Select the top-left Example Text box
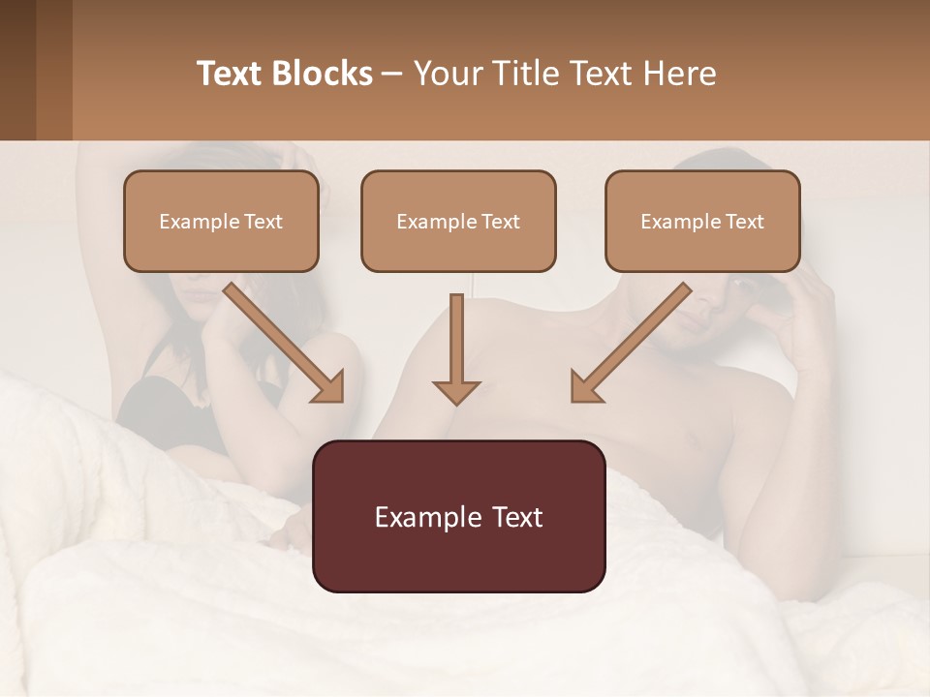(x=221, y=221)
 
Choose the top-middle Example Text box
(x=458, y=221)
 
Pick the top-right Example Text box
(x=702, y=221)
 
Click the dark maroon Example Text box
(x=458, y=516)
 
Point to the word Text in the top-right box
(x=745, y=222)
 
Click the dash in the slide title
(x=392, y=74)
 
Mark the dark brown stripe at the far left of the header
(x=17, y=70)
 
